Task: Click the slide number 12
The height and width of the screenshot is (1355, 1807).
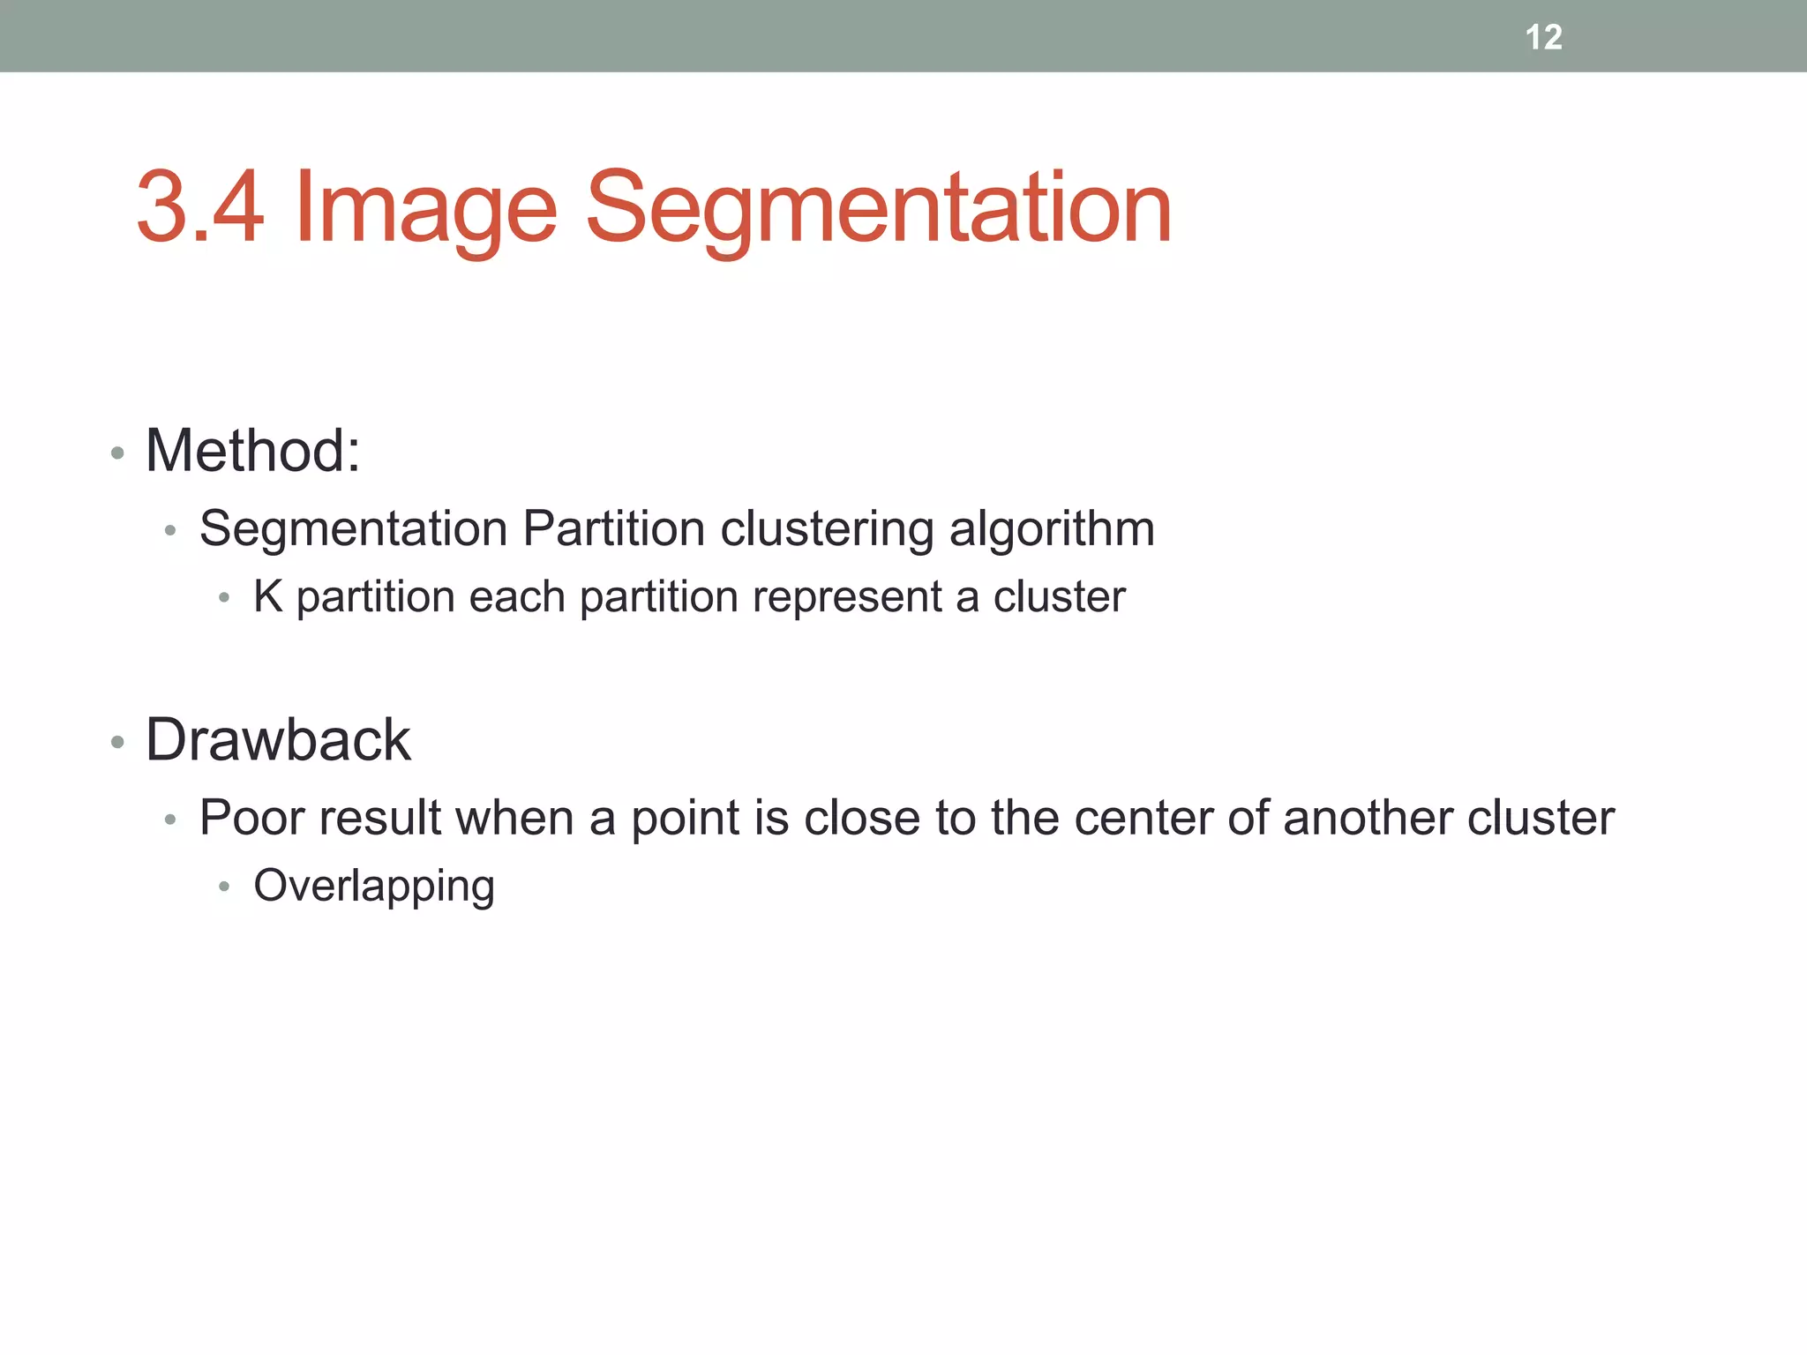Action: point(1543,37)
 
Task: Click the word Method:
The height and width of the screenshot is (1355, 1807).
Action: point(253,451)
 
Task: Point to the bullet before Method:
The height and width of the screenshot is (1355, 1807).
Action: point(117,454)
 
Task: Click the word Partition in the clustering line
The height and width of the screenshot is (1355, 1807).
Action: point(614,529)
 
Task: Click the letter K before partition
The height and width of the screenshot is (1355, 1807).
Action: point(267,597)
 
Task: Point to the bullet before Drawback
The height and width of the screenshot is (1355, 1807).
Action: point(117,743)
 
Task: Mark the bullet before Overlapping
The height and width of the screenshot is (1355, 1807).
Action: point(224,887)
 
